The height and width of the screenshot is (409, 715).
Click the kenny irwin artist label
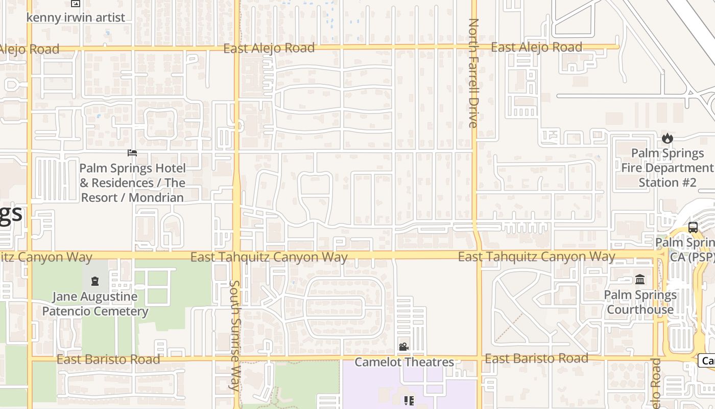[76, 17]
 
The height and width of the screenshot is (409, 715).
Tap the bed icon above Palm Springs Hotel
[132, 152]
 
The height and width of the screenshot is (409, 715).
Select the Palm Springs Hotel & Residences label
[132, 183]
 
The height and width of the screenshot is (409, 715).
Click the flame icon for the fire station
[667, 138]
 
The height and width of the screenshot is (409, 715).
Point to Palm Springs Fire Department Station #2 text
[667, 168]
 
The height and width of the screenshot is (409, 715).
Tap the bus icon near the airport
[693, 228]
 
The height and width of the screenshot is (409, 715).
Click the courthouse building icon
[640, 279]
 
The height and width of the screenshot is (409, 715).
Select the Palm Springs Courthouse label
[640, 302]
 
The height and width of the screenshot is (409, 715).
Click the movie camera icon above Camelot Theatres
[403, 347]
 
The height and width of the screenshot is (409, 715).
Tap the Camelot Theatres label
[404, 362]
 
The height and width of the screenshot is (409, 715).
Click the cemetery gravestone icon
[94, 281]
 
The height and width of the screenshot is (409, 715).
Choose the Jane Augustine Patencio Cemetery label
[95, 304]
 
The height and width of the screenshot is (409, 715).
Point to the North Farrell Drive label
[473, 73]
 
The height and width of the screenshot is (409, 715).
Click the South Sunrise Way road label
[234, 335]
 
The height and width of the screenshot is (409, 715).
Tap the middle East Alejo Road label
[269, 48]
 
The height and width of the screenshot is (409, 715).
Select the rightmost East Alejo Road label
[536, 48]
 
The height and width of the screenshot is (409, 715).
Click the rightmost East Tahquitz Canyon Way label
[536, 256]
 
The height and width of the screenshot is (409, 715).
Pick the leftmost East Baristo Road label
[108, 359]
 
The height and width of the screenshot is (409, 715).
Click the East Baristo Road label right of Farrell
[536, 358]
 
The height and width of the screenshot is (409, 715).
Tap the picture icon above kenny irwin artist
[76, 4]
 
